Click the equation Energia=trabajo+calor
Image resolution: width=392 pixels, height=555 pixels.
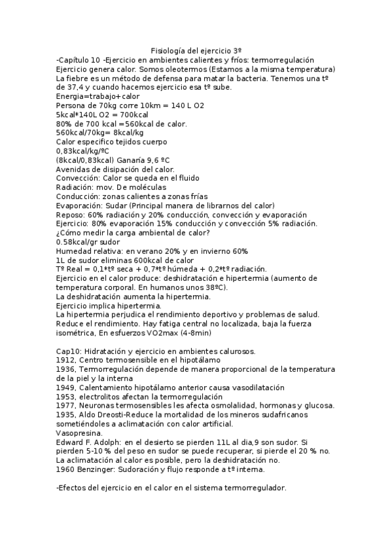point(94,96)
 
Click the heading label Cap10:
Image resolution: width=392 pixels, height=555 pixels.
point(69,351)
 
